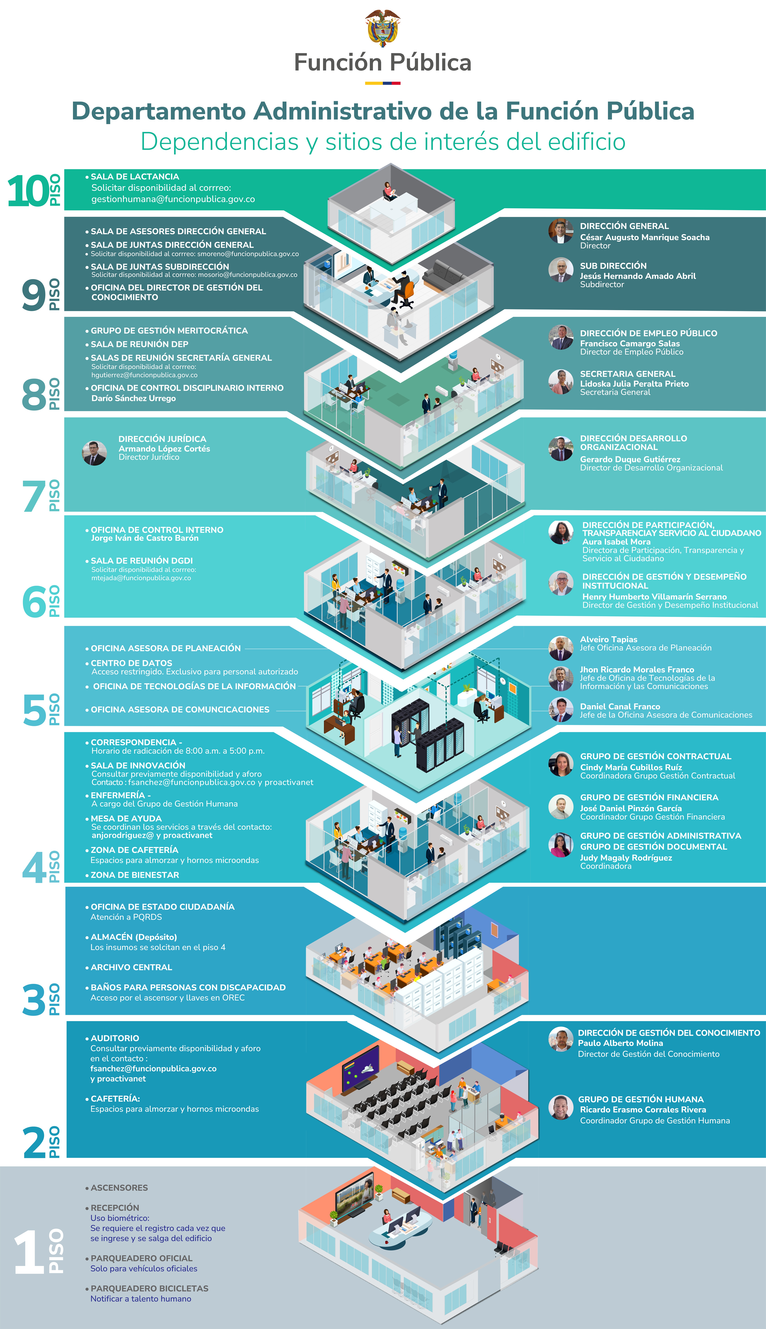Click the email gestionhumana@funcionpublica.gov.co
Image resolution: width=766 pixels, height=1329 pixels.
click(173, 199)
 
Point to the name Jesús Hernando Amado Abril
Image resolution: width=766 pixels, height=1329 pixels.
click(638, 276)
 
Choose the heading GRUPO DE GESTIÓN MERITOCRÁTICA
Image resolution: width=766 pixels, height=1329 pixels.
click(169, 330)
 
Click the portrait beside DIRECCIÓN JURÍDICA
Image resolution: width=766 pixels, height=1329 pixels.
click(95, 452)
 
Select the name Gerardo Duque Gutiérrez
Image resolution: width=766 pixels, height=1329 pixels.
click(630, 459)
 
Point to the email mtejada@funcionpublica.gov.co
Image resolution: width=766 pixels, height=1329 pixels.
click(141, 578)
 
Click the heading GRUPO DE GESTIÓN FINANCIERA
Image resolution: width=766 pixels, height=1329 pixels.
click(649, 797)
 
